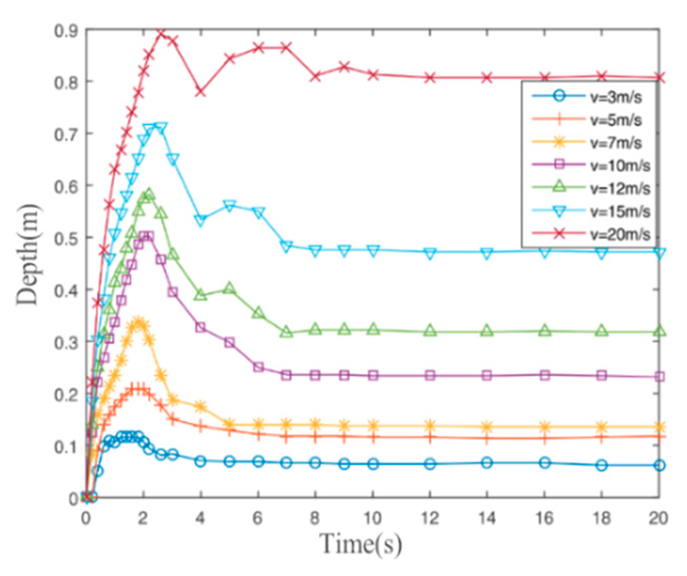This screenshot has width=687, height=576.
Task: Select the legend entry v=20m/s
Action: (x=620, y=234)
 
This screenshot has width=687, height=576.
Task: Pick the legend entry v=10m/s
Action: (x=620, y=165)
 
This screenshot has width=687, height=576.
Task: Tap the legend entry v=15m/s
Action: (x=620, y=211)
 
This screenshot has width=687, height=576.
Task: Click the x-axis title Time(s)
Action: (x=361, y=544)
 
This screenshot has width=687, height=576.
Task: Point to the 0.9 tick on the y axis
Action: (x=66, y=30)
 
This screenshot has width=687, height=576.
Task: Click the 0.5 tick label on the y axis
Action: (x=66, y=238)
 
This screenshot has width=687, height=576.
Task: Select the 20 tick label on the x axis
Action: (x=658, y=518)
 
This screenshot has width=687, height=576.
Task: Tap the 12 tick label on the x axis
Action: (x=430, y=518)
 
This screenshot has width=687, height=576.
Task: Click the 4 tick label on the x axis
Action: (x=200, y=518)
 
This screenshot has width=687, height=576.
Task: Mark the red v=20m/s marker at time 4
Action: (x=201, y=92)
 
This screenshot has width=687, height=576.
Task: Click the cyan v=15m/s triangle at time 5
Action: (x=229, y=206)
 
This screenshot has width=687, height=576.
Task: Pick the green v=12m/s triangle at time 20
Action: (x=660, y=332)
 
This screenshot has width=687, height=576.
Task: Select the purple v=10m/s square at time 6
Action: (x=259, y=367)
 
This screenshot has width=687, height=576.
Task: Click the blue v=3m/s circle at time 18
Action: (x=602, y=465)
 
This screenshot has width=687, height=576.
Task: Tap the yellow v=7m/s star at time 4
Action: (x=201, y=407)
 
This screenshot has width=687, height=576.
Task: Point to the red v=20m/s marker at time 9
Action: (x=345, y=67)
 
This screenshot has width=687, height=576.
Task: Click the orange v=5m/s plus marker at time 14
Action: (x=487, y=438)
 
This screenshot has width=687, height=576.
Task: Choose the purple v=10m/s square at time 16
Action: (x=545, y=375)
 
